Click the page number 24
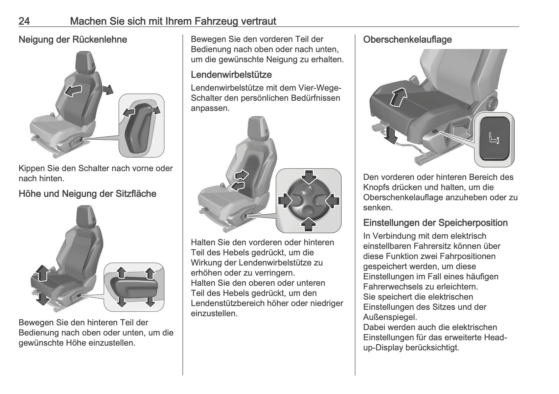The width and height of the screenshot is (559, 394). click(x=24, y=22)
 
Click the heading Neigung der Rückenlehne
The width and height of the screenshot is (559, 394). click(x=73, y=40)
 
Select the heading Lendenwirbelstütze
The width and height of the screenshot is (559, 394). click(x=231, y=74)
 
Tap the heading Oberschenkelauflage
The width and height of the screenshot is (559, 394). click(x=407, y=40)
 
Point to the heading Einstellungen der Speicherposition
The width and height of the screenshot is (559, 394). click(x=435, y=223)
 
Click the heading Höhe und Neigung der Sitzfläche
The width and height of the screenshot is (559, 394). click(x=87, y=194)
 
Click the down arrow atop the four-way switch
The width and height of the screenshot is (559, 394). click(x=308, y=177)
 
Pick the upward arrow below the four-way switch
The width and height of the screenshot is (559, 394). click(x=308, y=224)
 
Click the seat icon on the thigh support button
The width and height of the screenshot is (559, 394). click(x=494, y=139)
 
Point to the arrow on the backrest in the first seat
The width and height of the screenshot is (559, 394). click(x=73, y=90)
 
